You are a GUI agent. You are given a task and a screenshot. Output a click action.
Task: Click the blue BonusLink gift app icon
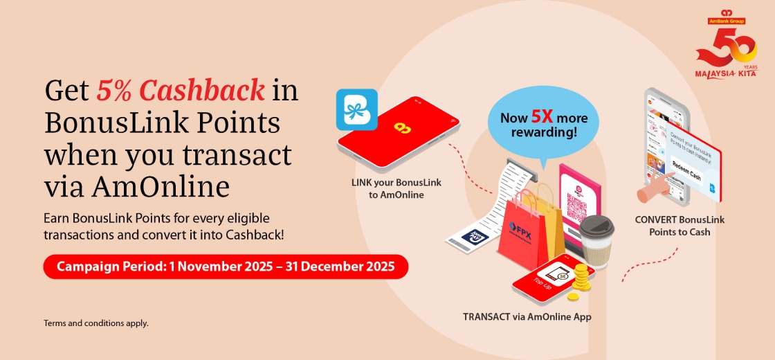point(356,109)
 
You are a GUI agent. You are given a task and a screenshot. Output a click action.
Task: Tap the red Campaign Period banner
point(226,267)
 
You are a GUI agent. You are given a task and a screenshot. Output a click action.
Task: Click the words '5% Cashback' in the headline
point(181,90)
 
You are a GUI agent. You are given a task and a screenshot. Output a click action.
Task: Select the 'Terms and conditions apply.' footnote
point(96,323)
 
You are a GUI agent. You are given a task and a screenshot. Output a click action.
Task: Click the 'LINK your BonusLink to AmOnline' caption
point(396,189)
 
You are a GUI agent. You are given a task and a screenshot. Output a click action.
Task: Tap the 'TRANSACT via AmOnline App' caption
point(527,316)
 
